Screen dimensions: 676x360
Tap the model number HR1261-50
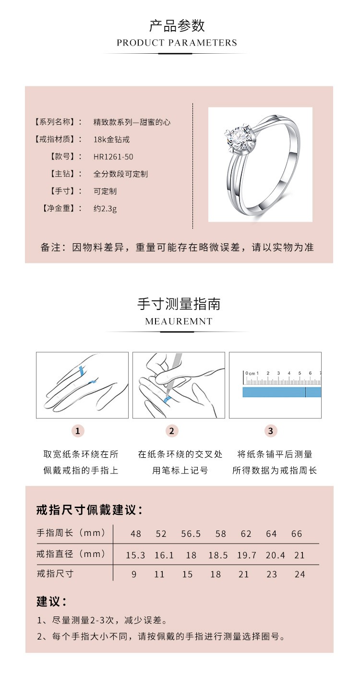113,156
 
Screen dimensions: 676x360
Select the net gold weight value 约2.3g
105,208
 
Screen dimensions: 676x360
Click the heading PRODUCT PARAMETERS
177,43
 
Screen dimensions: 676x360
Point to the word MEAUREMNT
179,321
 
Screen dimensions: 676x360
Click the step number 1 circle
78,431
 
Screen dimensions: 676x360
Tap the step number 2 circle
172,431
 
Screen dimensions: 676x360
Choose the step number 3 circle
271,431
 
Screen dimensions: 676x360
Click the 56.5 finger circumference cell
191,534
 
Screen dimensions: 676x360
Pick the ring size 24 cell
300,574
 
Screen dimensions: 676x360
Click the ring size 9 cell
134,574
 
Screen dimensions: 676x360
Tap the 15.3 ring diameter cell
135,555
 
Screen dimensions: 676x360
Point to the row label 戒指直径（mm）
71,554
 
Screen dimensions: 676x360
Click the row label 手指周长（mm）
71,533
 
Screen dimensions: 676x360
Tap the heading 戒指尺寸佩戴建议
90,510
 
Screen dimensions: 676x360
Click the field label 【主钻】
62,174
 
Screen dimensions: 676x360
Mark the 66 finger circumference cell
297,534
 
